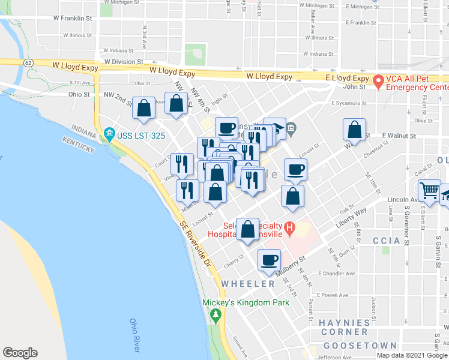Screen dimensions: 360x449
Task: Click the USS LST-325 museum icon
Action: coord(109,133)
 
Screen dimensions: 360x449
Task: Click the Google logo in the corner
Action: coord(20,353)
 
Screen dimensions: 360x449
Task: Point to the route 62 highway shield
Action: coord(28,62)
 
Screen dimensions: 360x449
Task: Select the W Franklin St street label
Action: coord(71,19)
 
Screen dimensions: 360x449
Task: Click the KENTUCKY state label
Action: coord(78,144)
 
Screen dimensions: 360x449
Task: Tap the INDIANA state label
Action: coord(84,128)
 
